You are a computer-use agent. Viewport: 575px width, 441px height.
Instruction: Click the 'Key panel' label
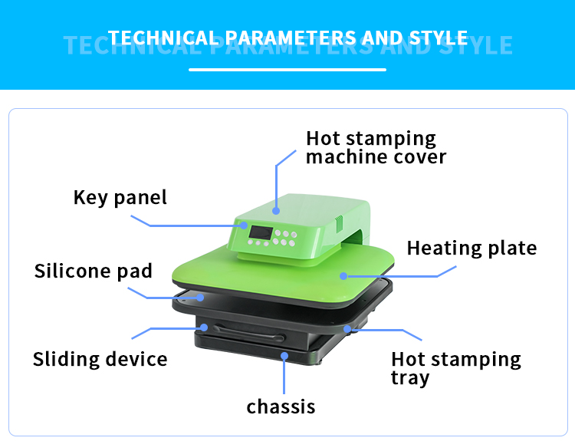tap(120, 197)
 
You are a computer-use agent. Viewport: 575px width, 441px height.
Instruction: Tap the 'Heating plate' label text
tap(472, 248)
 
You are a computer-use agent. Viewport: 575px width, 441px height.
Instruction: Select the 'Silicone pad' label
tap(93, 271)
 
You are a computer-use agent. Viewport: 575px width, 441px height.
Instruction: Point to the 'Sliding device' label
tap(100, 359)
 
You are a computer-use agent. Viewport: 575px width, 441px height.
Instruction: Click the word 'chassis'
tap(281, 406)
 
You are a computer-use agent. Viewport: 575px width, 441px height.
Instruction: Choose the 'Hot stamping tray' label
tap(455, 368)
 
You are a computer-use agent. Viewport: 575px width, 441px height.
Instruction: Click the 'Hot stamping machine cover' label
tap(376, 147)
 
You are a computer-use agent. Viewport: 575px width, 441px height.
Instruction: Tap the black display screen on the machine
tap(258, 232)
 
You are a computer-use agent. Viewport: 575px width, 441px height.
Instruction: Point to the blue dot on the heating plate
tap(344, 274)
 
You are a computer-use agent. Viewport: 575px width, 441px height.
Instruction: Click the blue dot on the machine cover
tap(276, 207)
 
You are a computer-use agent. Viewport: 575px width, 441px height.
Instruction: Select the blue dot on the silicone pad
tap(201, 296)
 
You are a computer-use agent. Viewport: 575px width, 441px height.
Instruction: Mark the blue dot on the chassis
tap(284, 354)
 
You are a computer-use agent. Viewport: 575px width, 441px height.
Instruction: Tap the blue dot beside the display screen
tap(242, 226)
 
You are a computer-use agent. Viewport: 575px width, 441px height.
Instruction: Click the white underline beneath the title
tap(287, 70)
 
